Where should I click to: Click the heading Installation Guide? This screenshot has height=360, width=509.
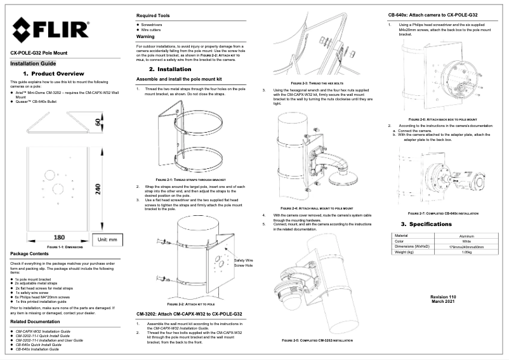point(33,64)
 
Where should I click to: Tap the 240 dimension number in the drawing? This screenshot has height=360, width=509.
point(99,190)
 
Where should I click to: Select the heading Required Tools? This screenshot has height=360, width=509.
point(155,16)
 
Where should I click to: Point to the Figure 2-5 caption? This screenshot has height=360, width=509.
point(317,341)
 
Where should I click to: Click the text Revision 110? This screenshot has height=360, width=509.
point(443,297)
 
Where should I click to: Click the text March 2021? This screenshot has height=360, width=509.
point(443,302)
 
